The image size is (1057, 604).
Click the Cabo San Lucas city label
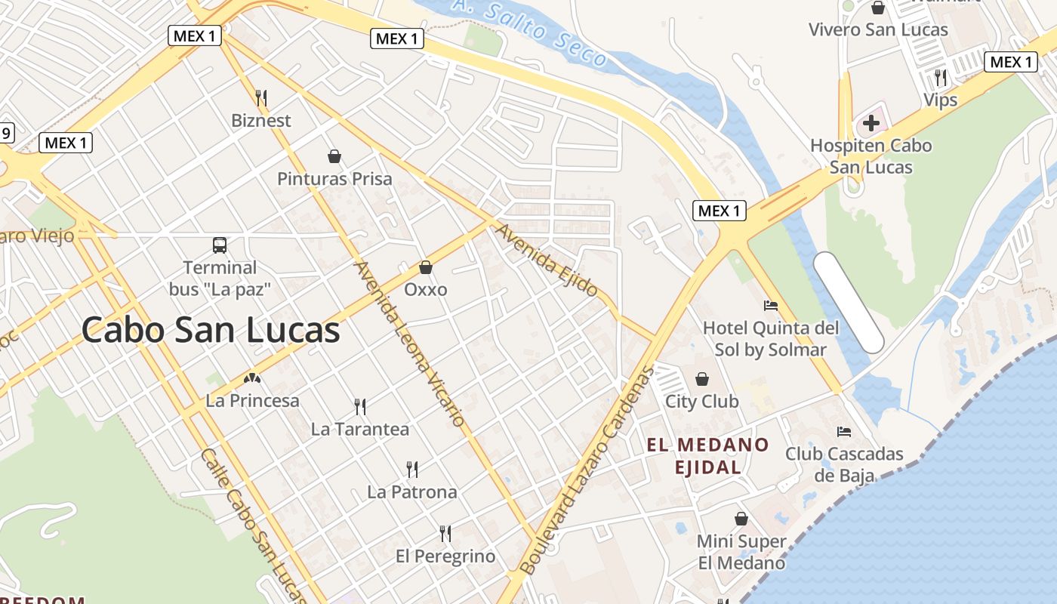click(211, 331)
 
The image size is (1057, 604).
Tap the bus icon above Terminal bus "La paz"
click(220, 245)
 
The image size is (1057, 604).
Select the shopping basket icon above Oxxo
click(426, 267)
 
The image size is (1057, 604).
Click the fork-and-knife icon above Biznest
click(261, 97)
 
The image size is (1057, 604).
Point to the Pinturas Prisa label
click(334, 179)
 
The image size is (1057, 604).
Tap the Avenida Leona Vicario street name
click(408, 344)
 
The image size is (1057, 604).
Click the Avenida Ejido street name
click(547, 260)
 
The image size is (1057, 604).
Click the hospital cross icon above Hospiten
click(871, 122)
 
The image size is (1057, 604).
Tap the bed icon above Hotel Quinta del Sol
click(771, 306)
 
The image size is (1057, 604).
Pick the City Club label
click(701, 401)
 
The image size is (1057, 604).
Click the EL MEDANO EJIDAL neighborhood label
click(707, 455)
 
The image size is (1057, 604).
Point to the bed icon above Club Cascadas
click(844, 432)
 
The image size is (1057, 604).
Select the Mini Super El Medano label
click(741, 552)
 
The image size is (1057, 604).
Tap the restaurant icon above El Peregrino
click(445, 534)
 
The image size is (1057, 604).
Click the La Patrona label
click(411, 492)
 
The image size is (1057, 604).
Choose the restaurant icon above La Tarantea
click(360, 407)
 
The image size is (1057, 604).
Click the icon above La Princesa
click(252, 377)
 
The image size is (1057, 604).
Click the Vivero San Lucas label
click(878, 30)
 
